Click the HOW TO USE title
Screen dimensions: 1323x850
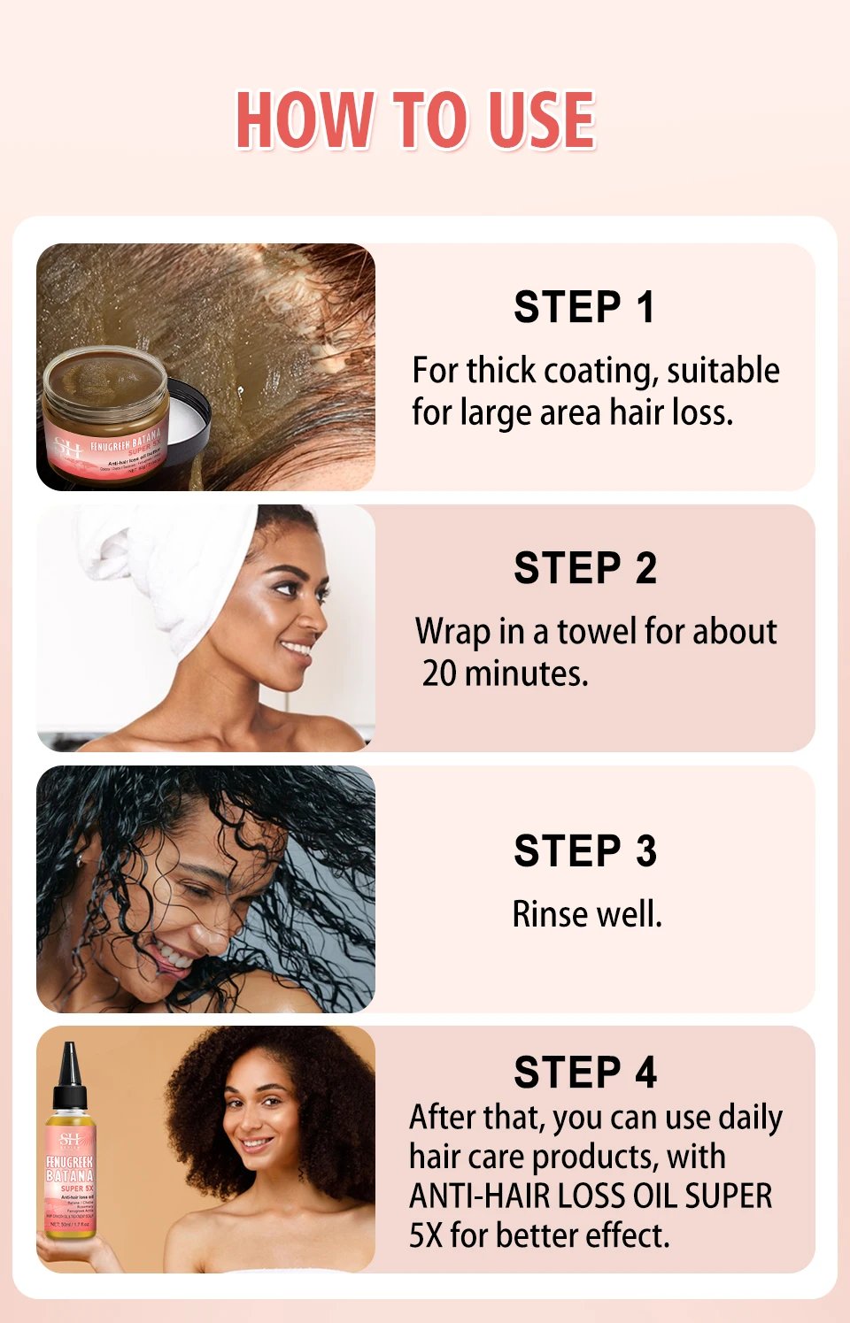point(415,120)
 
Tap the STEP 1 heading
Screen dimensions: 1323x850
point(584,308)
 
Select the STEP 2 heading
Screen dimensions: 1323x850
point(585,568)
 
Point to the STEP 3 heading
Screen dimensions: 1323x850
point(585,851)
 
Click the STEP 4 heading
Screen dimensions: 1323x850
point(585,1073)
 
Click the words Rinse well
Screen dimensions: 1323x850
point(587,914)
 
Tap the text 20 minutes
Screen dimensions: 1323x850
point(505,673)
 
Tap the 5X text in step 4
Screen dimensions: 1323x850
point(425,1235)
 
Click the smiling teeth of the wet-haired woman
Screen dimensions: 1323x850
point(174,957)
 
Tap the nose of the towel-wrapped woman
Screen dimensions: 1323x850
point(314,620)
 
